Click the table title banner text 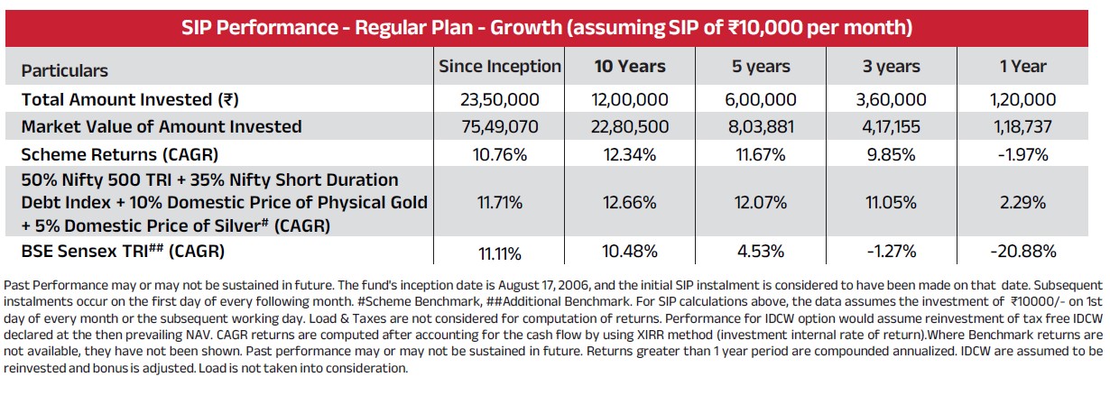tap(554, 27)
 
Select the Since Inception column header tap(499, 67)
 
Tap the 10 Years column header tap(629, 67)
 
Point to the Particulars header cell tap(65, 70)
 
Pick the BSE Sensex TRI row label tap(123, 251)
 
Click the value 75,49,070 tap(499, 126)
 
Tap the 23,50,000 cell tap(499, 99)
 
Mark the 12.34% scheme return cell tap(629, 153)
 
